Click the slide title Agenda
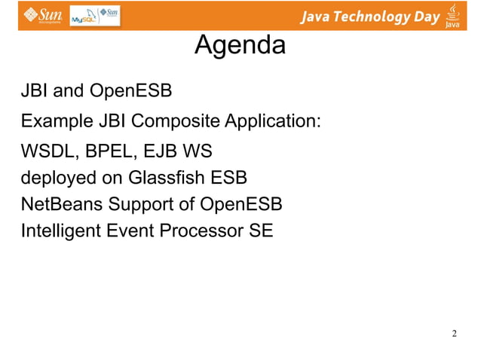tap(240, 46)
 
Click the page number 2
tap(454, 333)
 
